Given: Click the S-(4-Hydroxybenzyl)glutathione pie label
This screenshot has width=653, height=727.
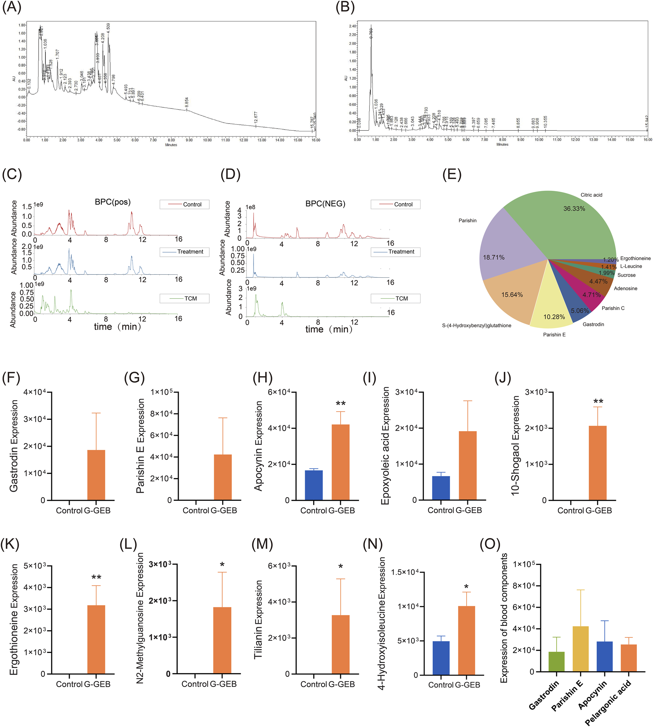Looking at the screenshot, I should pos(476,326).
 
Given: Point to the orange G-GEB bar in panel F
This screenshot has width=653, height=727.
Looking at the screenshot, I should pos(96,475).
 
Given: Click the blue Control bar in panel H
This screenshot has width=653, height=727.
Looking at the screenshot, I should pos(314,485).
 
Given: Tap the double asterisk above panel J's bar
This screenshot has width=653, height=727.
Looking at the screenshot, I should pos(598,401).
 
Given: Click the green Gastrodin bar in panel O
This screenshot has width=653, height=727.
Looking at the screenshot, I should pos(556,661).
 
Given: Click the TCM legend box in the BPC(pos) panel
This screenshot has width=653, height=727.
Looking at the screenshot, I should pos(184,298).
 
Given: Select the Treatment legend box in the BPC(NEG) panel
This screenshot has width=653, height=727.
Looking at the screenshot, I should pos(395,252).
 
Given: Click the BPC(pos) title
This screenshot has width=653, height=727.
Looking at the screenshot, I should pos(112,202).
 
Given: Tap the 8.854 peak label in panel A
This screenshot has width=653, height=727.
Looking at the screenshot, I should pos(187,102).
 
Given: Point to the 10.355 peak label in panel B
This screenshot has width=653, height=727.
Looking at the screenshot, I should pos(545,122).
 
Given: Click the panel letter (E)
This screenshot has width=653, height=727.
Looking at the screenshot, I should pos(452,174).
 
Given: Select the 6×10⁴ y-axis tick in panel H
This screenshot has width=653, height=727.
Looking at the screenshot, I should pos(279,392).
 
